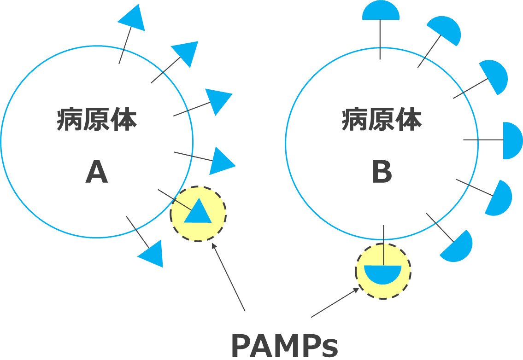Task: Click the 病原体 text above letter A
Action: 97,121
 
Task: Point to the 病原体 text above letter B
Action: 382,121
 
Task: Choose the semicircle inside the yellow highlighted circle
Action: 382,273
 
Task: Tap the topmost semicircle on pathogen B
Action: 380,12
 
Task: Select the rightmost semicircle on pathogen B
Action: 511,140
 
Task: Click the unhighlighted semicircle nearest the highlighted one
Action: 458,246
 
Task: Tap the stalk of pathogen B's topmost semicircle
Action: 380,40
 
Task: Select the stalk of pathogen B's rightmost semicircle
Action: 483,139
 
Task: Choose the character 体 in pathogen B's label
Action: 408,121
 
